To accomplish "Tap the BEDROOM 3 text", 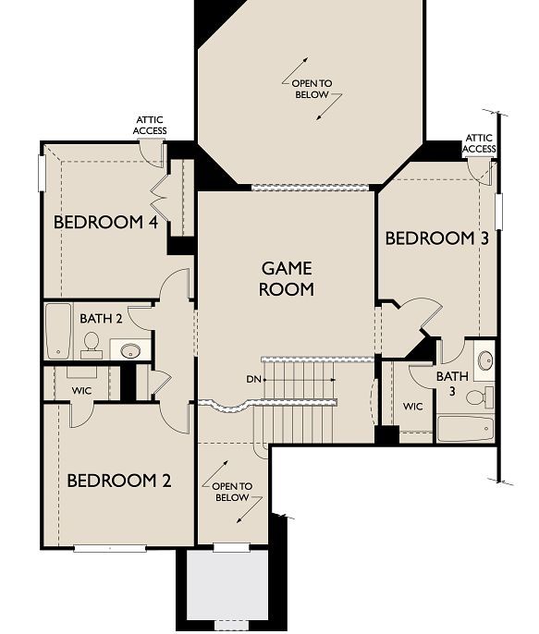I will pos(436,238).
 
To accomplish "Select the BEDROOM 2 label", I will pos(118,481).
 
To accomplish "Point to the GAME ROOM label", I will pos(287,278).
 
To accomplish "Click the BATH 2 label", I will pos(101,318).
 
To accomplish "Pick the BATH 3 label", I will pos(452,384).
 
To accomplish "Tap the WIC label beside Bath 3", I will pos(413,406).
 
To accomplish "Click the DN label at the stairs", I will pos(253,379).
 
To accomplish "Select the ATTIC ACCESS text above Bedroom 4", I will pos(151,125).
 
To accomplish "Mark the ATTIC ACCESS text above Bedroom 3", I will pos(479,143).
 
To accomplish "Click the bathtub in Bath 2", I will pos(58,331).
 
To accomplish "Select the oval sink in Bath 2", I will pos(130,350).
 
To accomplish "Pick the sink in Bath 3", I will pos(484,360).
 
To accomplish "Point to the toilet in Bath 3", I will pos(478,397).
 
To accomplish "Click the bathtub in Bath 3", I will pos(465,429).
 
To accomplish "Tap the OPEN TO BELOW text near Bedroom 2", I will pos(231,492).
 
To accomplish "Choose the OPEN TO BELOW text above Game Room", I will pos(312,89).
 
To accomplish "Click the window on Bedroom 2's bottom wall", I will pos(110,547).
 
